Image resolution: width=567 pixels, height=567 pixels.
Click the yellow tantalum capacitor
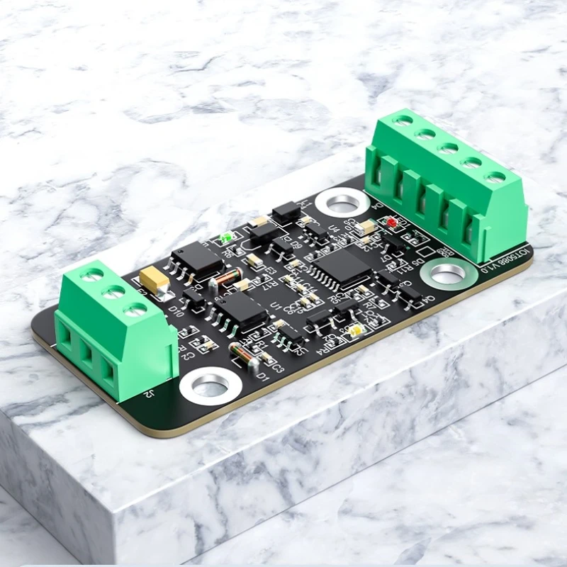click(x=155, y=279)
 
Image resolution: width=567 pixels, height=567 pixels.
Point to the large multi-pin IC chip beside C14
click(x=343, y=267)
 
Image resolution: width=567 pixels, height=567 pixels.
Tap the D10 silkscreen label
click(x=176, y=311)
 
